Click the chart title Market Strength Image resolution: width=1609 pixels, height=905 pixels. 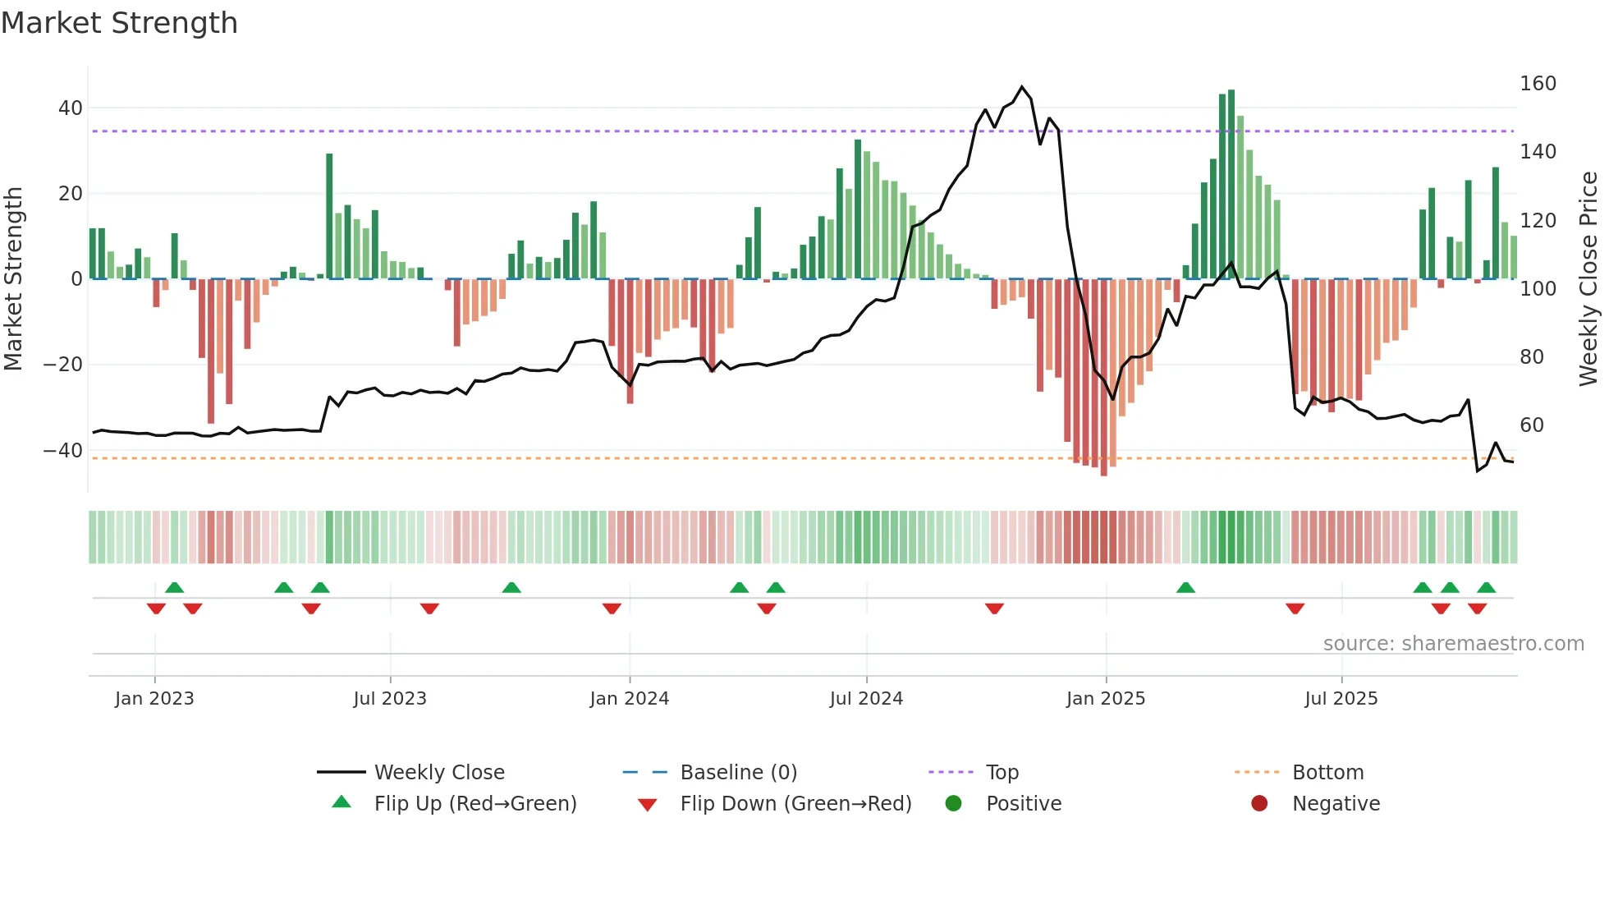[x=119, y=23]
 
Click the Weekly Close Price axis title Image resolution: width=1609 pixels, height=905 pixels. [x=1588, y=279]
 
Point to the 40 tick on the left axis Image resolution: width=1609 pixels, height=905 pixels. [x=71, y=108]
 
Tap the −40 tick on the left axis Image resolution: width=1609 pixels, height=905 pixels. [x=63, y=450]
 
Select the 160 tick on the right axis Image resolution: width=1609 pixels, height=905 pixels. [x=1538, y=84]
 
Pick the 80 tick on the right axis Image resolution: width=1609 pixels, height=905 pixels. [x=1531, y=356]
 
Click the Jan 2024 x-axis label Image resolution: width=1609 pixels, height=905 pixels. [x=629, y=699]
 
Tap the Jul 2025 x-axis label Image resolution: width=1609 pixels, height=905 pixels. [x=1341, y=699]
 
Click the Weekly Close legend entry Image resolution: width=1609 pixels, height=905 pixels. [x=438, y=772]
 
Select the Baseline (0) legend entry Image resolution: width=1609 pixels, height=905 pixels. [x=738, y=772]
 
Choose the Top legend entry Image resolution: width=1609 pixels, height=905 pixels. [x=1002, y=772]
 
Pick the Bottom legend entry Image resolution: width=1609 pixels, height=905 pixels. [x=1327, y=772]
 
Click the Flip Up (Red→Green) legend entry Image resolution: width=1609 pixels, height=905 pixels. [x=474, y=803]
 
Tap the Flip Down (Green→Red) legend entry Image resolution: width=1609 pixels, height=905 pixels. [x=795, y=803]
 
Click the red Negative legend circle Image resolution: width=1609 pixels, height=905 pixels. [x=1259, y=803]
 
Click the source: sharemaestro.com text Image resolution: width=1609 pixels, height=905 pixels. [x=1453, y=644]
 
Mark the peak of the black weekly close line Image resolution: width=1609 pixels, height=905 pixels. [x=1022, y=86]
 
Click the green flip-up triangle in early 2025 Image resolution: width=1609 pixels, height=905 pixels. [x=1185, y=587]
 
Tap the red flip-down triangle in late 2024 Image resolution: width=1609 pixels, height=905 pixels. [x=994, y=609]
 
